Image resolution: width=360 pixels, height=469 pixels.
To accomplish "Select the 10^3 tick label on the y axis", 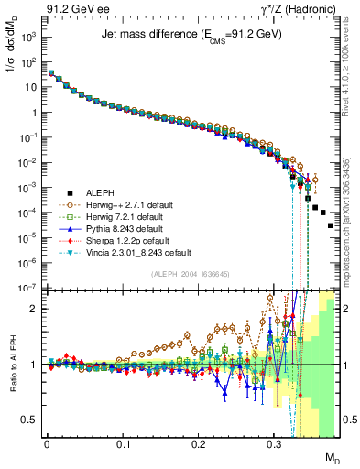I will (x=28, y=39).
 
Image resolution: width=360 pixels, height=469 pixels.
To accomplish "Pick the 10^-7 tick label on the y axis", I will (x=28, y=287).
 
